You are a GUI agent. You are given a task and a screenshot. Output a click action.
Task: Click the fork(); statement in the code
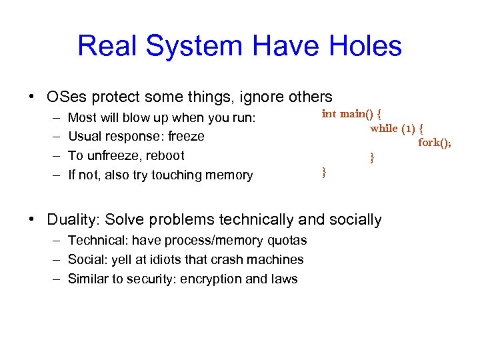click(x=434, y=142)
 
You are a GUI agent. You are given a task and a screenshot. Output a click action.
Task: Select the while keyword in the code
click(x=384, y=128)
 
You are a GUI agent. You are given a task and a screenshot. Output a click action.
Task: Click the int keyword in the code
click(x=329, y=113)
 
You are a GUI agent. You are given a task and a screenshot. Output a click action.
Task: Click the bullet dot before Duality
click(x=32, y=219)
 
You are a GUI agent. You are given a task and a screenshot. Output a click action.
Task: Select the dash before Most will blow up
click(x=54, y=118)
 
